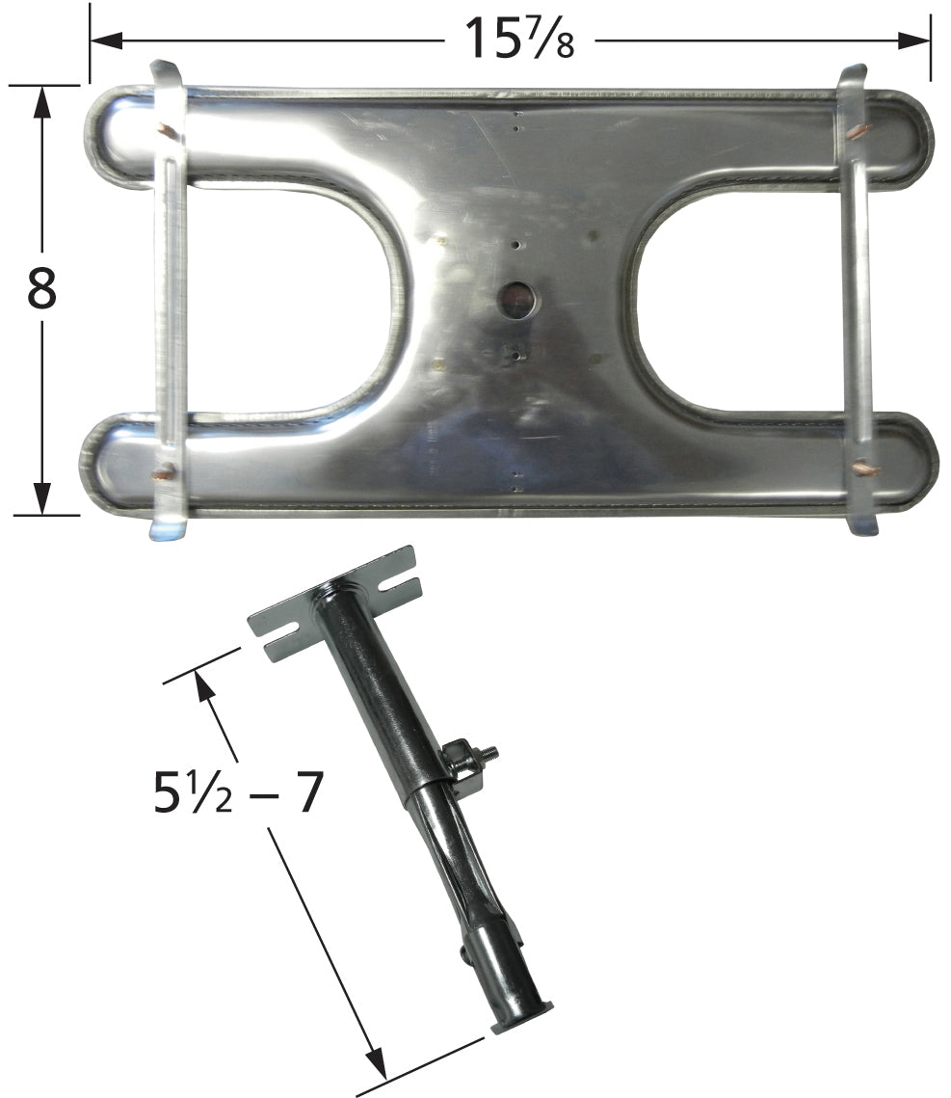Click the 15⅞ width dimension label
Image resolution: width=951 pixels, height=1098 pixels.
click(519, 38)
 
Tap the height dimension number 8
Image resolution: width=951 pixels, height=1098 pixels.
click(42, 288)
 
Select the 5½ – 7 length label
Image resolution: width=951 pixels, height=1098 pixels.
click(238, 792)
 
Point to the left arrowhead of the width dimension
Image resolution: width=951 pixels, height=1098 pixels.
click(106, 40)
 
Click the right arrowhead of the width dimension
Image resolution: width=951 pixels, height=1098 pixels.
click(914, 40)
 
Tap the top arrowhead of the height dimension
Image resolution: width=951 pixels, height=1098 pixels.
click(42, 101)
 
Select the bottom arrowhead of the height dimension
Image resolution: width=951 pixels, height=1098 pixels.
click(42, 498)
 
